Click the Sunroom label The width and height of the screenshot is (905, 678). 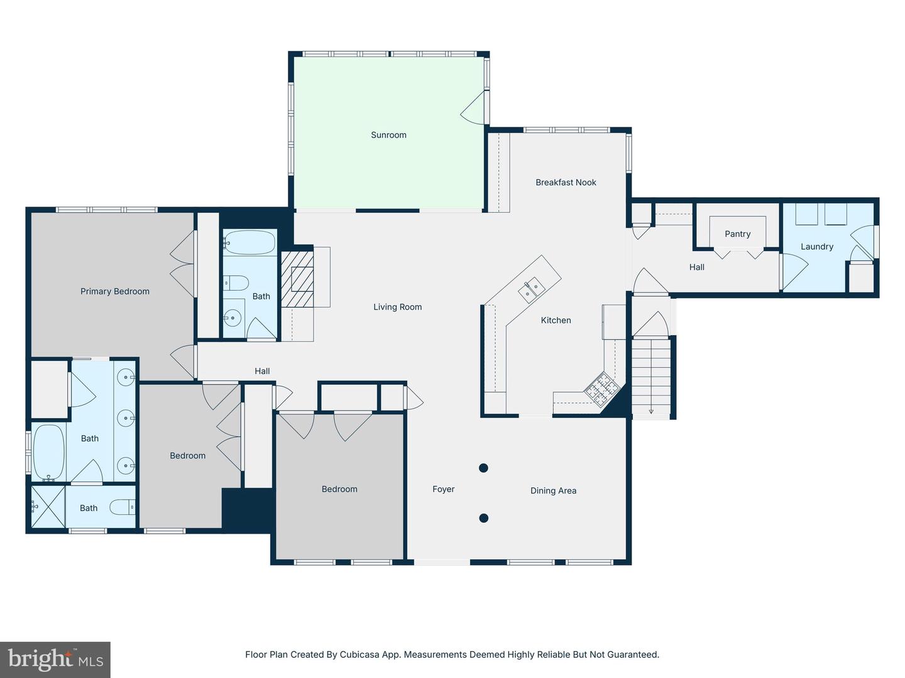(x=388, y=135)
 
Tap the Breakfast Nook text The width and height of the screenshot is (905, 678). (x=566, y=182)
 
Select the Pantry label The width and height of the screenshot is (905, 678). (x=738, y=234)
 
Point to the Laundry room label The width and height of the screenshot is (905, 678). (x=817, y=247)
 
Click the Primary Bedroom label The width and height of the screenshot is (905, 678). (x=114, y=291)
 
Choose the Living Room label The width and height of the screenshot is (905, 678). (x=397, y=307)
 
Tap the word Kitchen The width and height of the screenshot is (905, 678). (x=556, y=320)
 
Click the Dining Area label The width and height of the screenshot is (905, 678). (x=553, y=491)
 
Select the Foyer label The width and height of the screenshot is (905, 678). (x=443, y=489)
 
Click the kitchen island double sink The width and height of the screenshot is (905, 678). (x=532, y=289)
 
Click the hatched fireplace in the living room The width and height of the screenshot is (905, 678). (x=297, y=279)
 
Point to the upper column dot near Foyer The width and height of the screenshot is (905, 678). (x=484, y=468)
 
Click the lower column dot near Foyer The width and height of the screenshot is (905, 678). (x=484, y=518)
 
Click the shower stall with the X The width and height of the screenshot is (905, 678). (x=48, y=507)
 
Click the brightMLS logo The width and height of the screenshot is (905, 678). (x=55, y=659)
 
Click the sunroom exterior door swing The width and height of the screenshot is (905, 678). (x=473, y=107)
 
